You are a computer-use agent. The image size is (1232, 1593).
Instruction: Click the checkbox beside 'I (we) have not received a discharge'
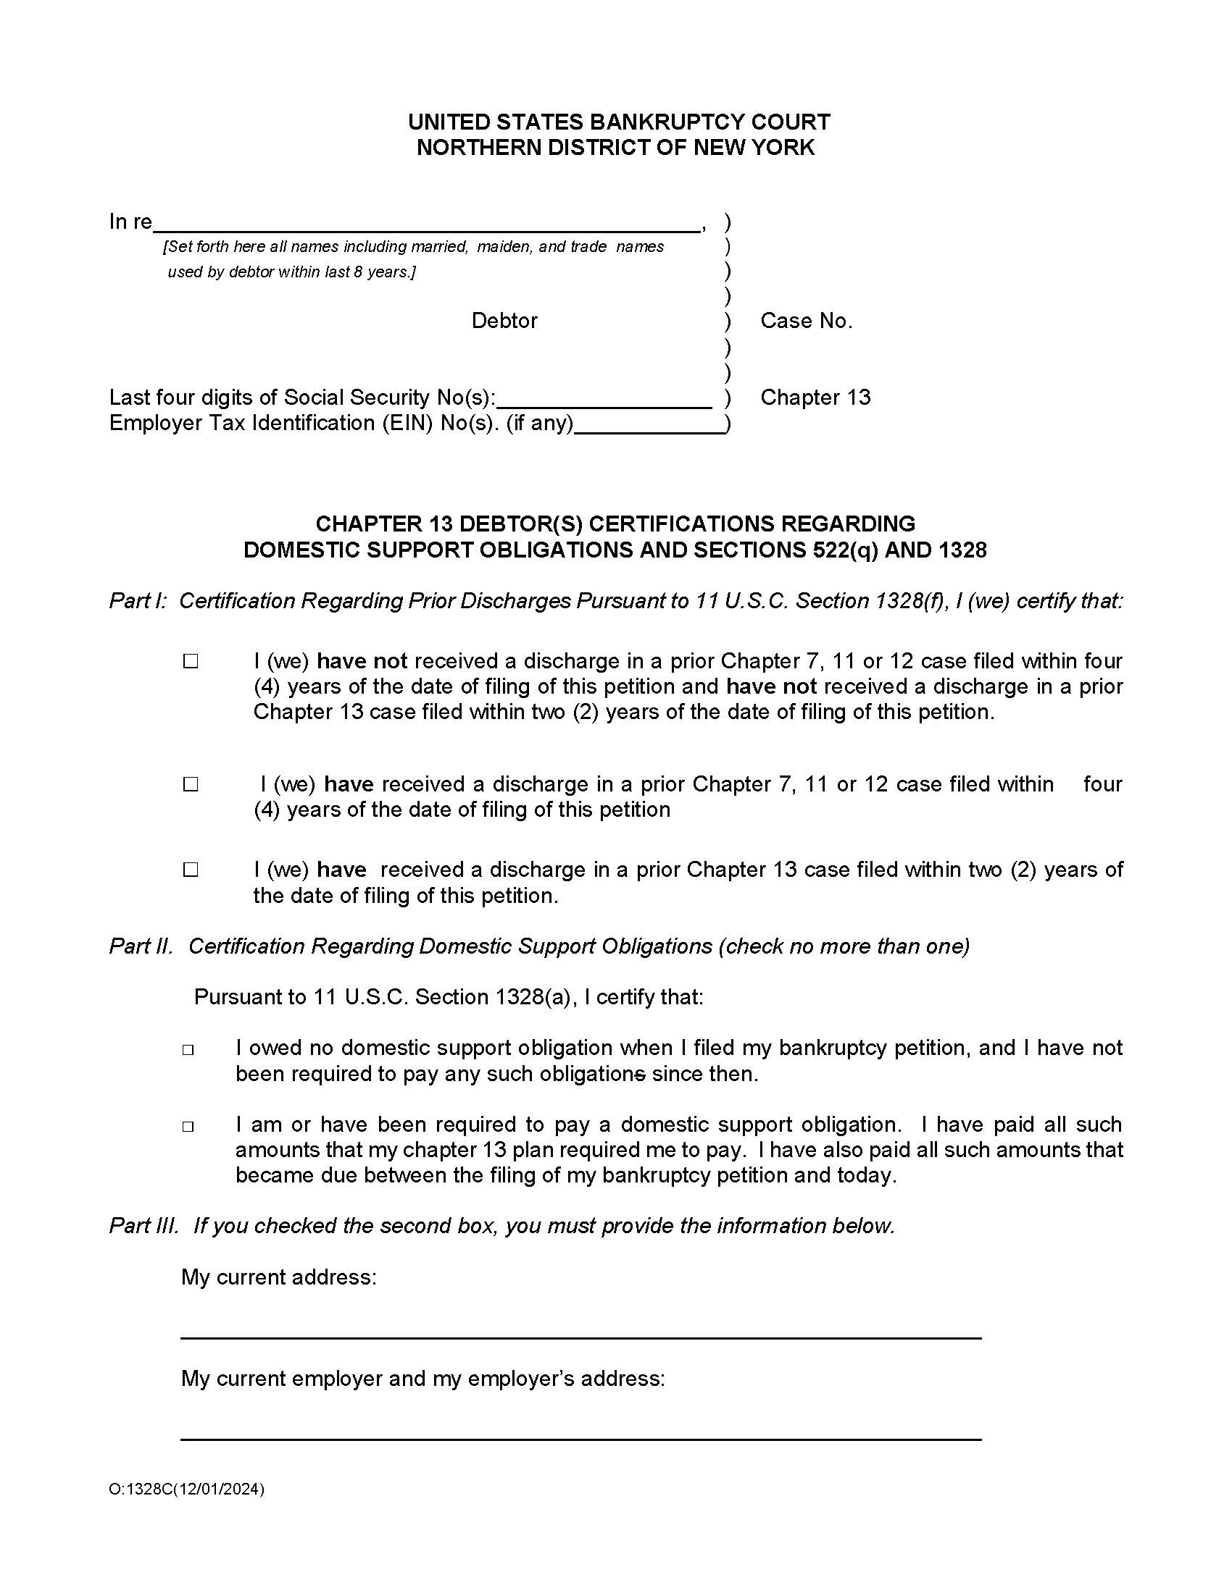point(191,661)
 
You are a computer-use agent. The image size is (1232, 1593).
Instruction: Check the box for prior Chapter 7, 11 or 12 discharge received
point(191,784)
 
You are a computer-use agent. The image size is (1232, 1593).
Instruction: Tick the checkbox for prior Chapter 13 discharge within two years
point(191,870)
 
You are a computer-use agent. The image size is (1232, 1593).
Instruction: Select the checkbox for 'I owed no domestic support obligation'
point(188,1051)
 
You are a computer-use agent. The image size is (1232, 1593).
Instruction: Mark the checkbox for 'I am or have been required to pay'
point(188,1127)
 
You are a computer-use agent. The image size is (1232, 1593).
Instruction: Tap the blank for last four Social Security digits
point(604,400)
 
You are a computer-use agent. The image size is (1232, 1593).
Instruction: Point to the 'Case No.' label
point(807,321)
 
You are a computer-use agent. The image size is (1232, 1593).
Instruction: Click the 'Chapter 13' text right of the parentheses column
point(815,398)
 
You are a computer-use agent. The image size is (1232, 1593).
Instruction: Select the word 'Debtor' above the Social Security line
point(504,321)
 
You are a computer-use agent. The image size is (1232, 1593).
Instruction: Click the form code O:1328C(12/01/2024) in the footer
point(187,1489)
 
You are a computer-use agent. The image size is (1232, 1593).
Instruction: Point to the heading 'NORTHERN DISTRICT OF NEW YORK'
point(615,147)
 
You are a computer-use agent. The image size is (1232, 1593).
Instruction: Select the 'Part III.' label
point(143,1226)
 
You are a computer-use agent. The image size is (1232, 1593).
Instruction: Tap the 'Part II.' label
point(141,946)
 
